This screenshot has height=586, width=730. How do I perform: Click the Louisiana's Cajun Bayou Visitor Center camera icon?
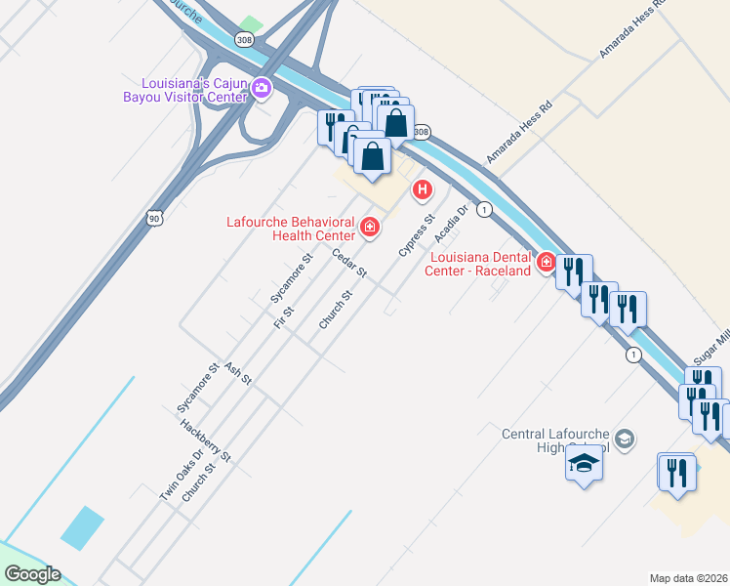[x=262, y=89]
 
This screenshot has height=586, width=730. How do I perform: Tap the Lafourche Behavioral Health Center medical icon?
[x=369, y=228]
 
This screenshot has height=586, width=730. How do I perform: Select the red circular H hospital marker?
[x=422, y=188]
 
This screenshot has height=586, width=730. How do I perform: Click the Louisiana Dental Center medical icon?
[x=545, y=262]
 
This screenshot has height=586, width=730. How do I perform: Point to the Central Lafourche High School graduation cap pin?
[x=584, y=464]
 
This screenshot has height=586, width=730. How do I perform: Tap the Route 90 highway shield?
[x=155, y=218]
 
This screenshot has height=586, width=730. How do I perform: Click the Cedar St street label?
[x=348, y=263]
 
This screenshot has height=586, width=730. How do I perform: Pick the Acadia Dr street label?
[x=452, y=224]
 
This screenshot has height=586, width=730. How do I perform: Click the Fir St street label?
[x=285, y=315]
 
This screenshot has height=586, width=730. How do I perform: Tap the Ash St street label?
[x=238, y=373]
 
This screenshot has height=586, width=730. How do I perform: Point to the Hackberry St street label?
[x=205, y=440]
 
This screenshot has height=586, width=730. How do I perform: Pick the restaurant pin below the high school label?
[x=675, y=473]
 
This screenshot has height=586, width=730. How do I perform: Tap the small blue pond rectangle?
[x=82, y=528]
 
